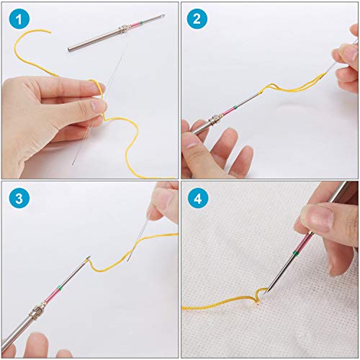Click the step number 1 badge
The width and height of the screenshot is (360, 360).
pos(17,17)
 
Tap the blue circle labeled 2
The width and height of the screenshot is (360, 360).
pos(197,17)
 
